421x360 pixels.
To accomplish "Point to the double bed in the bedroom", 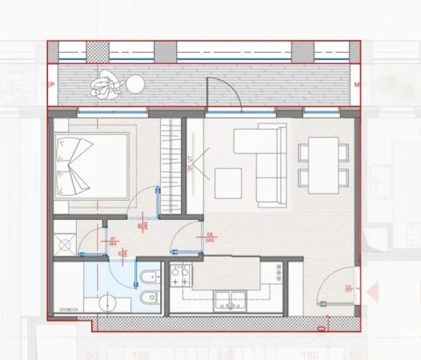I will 91,170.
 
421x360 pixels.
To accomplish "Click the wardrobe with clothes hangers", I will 170,152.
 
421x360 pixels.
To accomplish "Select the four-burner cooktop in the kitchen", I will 180,279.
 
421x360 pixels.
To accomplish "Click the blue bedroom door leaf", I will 159,201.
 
